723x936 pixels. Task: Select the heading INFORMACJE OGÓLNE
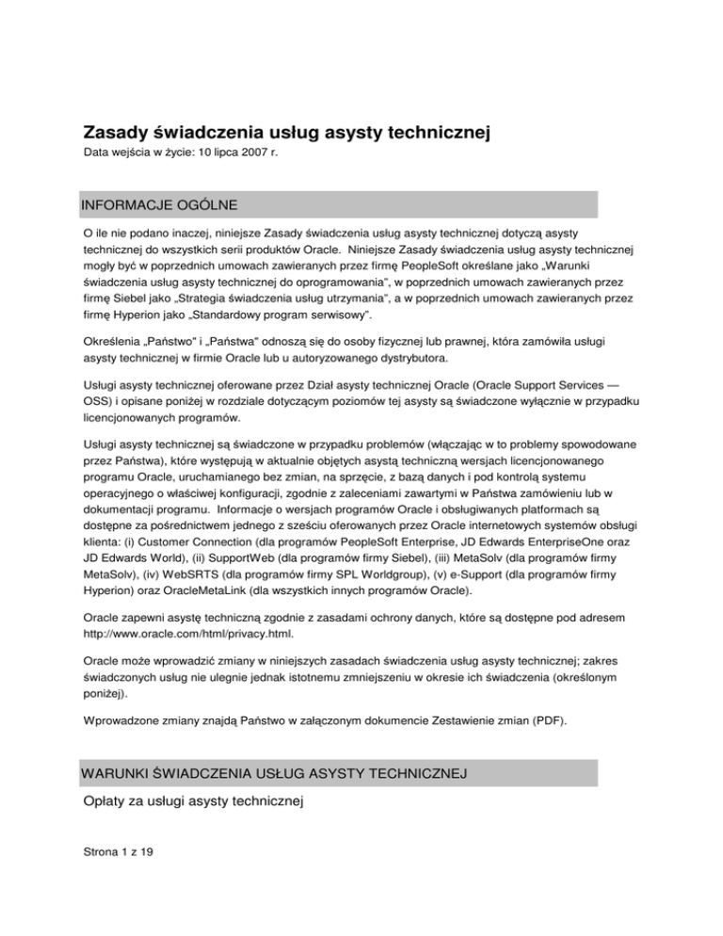[158, 204]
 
